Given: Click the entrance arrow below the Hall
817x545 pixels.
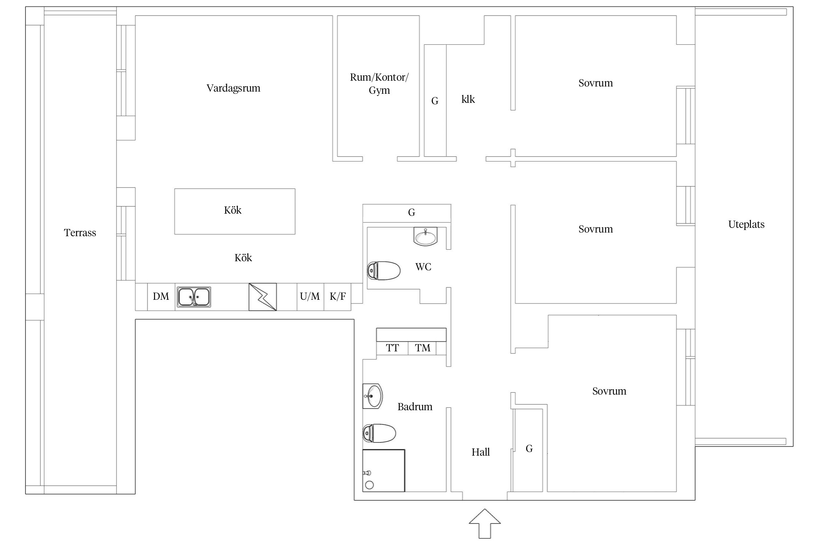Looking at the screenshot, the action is click(x=485, y=524).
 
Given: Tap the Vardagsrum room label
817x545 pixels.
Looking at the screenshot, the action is click(x=233, y=88).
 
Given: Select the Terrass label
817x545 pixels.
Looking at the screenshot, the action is click(x=80, y=233).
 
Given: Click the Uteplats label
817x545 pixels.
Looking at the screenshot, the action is click(x=746, y=225).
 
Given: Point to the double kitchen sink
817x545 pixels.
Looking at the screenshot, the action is click(x=194, y=297).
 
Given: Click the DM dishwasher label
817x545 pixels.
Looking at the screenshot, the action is click(x=161, y=296).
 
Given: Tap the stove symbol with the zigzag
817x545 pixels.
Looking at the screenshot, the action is click(x=263, y=297).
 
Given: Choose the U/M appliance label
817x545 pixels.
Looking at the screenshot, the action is click(x=310, y=296).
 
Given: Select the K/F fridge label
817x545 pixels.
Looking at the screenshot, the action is click(x=338, y=296).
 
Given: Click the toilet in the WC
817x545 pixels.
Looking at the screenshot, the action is click(x=384, y=271).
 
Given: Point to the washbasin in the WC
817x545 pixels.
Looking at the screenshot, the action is click(x=426, y=237).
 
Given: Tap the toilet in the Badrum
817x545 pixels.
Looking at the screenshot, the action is click(x=379, y=433).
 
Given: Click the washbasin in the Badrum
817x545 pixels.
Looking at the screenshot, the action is click(x=373, y=396).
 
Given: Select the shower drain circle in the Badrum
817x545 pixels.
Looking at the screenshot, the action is click(x=369, y=485).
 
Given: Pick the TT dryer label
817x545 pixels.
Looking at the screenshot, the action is click(x=392, y=348).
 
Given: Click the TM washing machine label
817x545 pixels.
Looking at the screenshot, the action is click(x=423, y=348).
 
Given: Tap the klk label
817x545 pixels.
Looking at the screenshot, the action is click(x=468, y=99).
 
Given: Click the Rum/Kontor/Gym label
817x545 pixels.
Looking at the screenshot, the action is click(x=379, y=84).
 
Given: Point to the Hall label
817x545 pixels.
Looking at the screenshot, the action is click(x=481, y=452).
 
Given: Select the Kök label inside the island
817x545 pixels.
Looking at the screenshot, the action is click(x=233, y=210).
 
